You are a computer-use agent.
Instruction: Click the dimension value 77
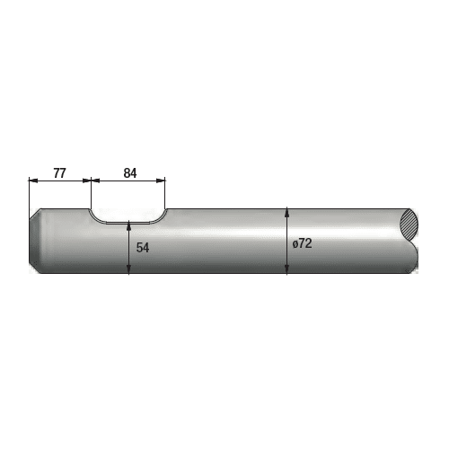click(x=59, y=173)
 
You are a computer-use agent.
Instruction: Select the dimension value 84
click(x=130, y=173)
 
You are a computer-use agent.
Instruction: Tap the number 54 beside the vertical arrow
click(x=143, y=248)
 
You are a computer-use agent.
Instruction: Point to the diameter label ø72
click(x=302, y=243)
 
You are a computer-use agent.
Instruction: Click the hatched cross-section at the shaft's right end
click(x=409, y=224)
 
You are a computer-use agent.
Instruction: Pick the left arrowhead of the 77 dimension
click(x=33, y=180)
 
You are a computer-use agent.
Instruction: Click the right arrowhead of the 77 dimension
click(x=86, y=180)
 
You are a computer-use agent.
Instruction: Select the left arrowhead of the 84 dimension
click(x=95, y=180)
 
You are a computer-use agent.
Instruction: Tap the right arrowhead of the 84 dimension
click(x=161, y=180)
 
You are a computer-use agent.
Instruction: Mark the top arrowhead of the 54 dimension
click(x=128, y=225)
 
